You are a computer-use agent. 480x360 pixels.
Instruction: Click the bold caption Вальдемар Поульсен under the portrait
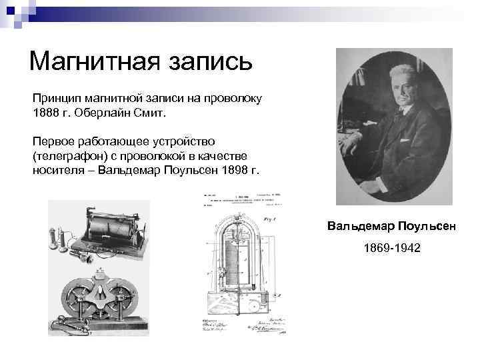click(x=392, y=227)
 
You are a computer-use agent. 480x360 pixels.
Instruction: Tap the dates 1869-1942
click(x=392, y=248)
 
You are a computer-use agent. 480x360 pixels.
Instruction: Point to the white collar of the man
click(x=391, y=113)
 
